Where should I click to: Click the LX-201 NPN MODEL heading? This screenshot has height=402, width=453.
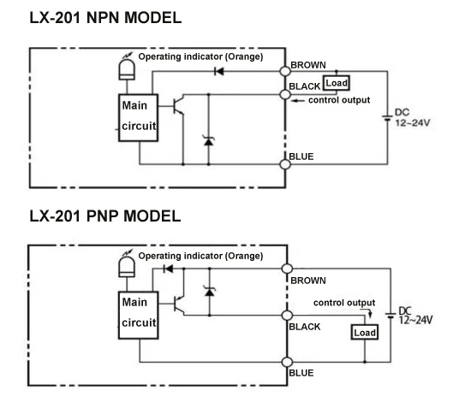point(105,18)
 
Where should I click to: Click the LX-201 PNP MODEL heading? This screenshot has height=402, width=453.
point(105,216)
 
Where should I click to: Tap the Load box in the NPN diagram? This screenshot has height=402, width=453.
point(336,83)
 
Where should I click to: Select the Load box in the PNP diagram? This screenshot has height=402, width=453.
point(365,332)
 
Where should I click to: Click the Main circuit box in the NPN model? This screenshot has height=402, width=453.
point(139,118)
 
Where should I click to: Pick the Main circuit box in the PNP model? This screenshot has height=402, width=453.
point(139,315)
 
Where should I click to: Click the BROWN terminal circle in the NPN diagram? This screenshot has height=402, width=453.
point(285,71)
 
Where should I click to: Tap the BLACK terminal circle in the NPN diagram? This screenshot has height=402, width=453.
point(285,94)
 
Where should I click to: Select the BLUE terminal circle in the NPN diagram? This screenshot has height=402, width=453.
point(285,164)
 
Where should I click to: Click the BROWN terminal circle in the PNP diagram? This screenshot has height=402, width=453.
point(287,269)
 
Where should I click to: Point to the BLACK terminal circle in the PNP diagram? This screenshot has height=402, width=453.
point(287,316)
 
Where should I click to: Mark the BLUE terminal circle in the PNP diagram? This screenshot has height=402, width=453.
point(287,362)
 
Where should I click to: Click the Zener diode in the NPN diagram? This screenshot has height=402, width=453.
point(209,141)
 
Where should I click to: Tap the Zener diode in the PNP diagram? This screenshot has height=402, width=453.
point(209,291)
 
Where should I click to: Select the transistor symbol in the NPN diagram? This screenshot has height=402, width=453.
point(177,106)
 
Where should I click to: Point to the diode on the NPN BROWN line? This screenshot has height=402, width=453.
point(218,71)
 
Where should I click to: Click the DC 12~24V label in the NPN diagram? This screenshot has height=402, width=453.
point(412,118)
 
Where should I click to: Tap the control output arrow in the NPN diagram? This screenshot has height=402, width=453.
point(297,101)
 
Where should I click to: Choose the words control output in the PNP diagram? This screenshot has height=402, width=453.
point(344,303)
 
